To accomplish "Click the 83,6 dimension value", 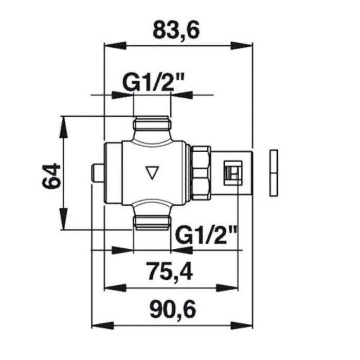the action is point(176,30).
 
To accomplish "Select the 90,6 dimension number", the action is point(173,309).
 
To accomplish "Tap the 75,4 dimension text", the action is point(170,272).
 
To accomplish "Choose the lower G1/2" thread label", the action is point(206,236).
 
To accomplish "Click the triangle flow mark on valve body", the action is point(152,172).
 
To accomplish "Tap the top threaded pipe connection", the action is point(152,124).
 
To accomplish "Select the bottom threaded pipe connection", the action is point(152,223).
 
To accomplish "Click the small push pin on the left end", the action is point(98,173).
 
